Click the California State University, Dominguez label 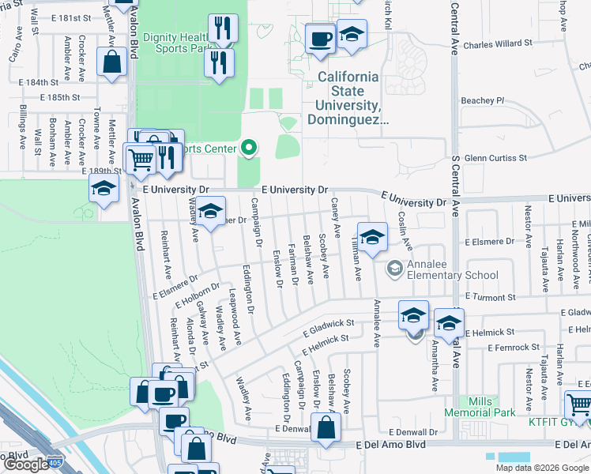[x=348, y=99]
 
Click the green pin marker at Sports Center [x=250, y=148]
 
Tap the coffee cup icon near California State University [x=320, y=38]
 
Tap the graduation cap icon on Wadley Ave [x=210, y=212]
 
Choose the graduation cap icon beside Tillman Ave [x=372, y=236]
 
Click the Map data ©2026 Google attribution [x=541, y=468]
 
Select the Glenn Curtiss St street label [x=495, y=158]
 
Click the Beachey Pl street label [x=482, y=100]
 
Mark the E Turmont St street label [x=490, y=297]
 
